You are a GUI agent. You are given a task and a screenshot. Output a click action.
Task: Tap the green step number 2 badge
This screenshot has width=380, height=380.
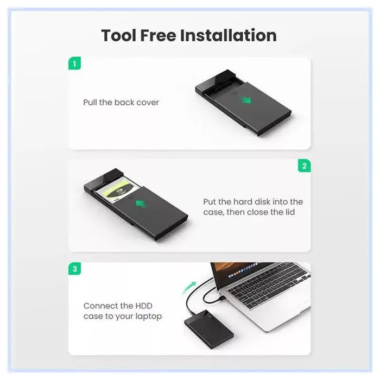tap(304, 166)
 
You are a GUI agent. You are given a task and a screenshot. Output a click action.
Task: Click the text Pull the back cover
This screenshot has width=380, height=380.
tap(121, 102)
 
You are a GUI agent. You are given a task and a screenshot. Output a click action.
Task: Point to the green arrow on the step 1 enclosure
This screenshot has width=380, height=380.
tap(247, 100)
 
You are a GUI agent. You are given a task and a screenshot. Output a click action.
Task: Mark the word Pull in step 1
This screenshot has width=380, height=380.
tap(90, 102)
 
